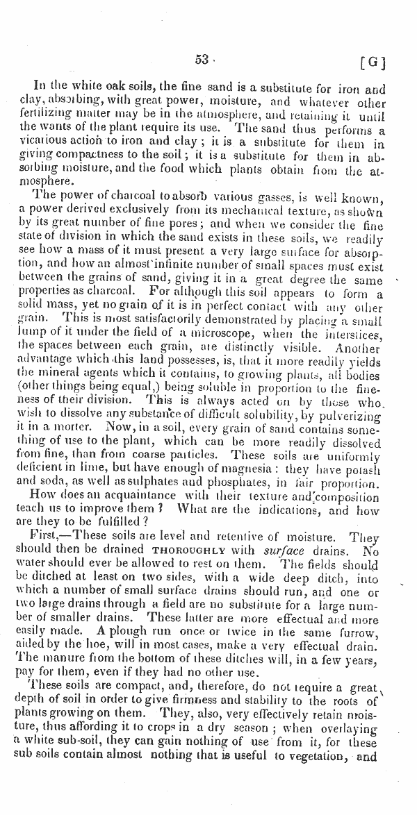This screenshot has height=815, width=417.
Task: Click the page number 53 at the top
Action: (202, 60)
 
